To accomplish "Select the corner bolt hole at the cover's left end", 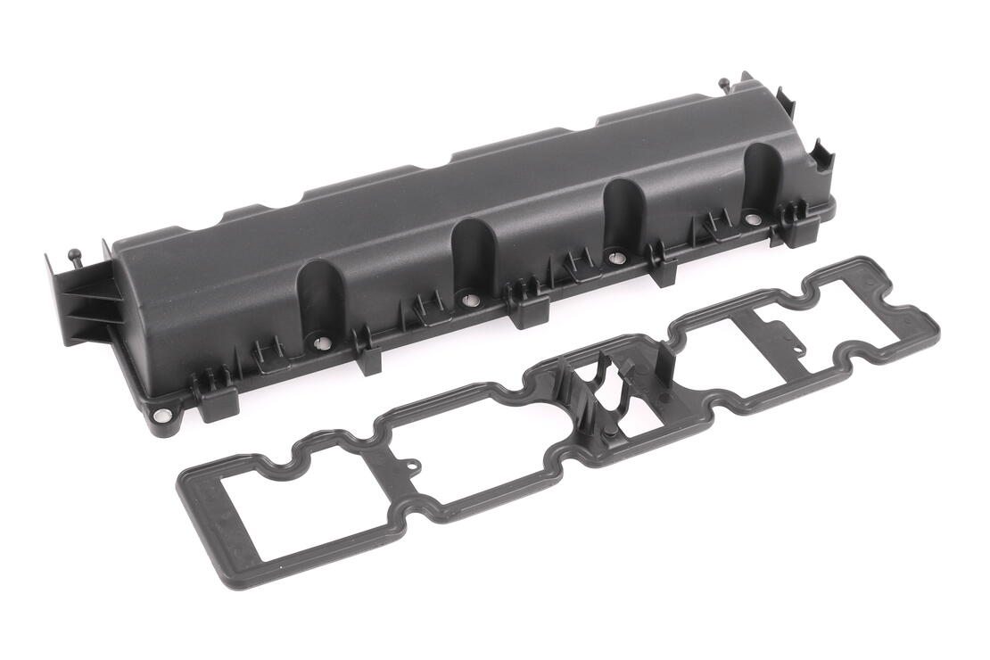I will (x=161, y=415).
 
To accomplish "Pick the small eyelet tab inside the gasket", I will (x=411, y=465).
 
